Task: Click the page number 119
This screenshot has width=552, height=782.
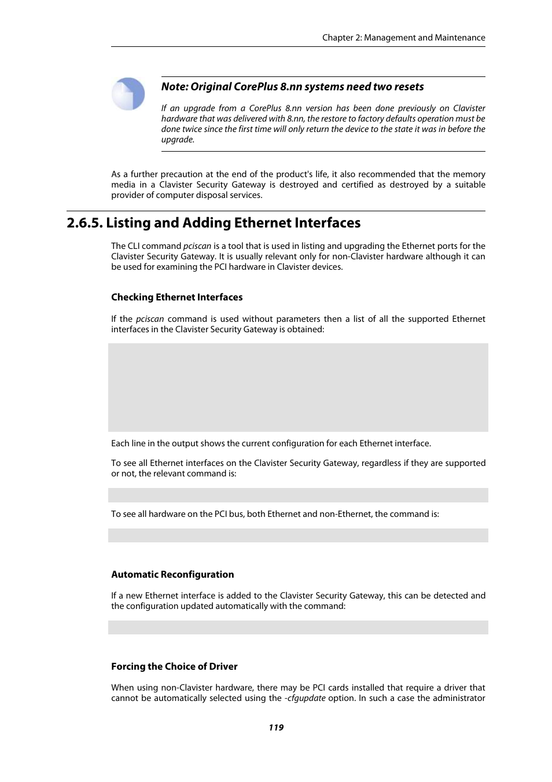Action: [276, 728]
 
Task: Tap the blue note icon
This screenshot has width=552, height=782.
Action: [128, 94]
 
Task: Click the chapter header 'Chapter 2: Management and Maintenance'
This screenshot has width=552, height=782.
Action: [403, 38]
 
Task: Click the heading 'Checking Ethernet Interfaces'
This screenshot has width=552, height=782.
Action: [176, 297]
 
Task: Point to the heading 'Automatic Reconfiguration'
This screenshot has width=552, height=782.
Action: [172, 574]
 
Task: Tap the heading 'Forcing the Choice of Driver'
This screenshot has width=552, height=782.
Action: [174, 666]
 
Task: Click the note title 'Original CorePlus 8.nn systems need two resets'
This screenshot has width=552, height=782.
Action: [307, 87]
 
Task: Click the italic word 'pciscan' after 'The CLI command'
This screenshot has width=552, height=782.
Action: [197, 246]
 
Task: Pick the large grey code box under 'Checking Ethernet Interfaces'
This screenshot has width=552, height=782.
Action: [298, 387]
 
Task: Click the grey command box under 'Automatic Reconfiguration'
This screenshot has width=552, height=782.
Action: [298, 627]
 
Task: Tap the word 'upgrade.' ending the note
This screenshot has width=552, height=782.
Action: [178, 139]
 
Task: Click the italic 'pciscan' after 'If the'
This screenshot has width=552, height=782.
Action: [150, 319]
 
